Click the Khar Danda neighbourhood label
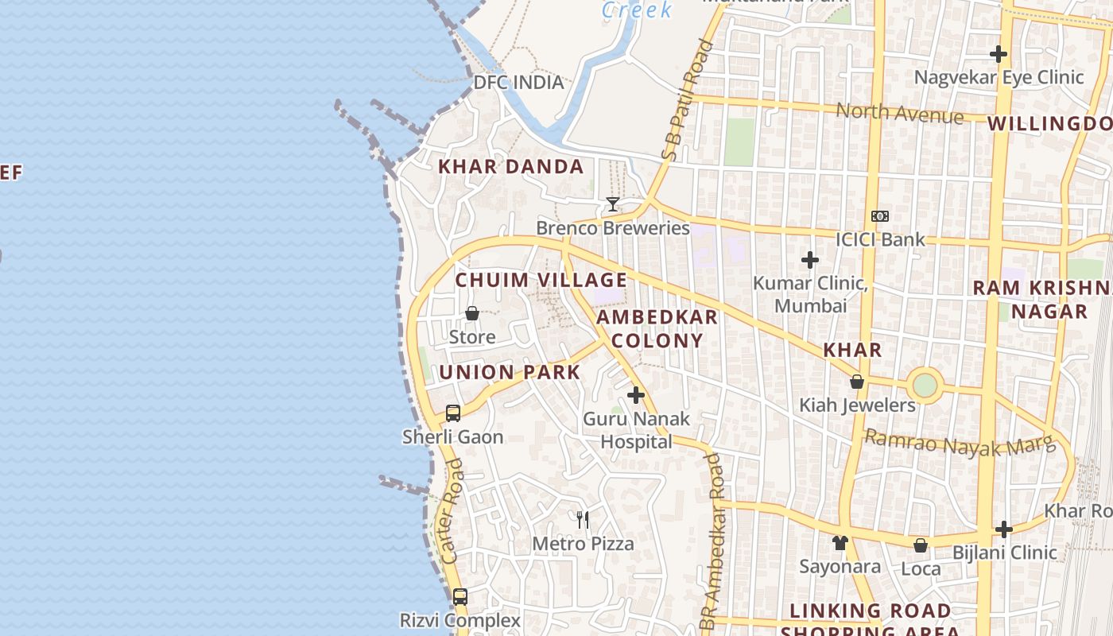511,167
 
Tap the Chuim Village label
541,280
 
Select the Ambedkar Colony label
657,328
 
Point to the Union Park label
510,372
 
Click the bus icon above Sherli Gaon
452,413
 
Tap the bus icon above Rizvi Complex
460,596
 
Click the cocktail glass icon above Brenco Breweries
612,204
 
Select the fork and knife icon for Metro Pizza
583,520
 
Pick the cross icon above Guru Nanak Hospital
636,394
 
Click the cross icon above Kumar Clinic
810,260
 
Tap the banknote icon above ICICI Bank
879,216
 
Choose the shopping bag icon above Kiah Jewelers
856,382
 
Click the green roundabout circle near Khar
925,386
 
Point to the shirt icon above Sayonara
840,543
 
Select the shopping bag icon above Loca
920,545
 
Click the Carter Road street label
451,522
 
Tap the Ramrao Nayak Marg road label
960,443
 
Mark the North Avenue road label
899,114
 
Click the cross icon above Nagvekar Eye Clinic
999,54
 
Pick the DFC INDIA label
518,83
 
